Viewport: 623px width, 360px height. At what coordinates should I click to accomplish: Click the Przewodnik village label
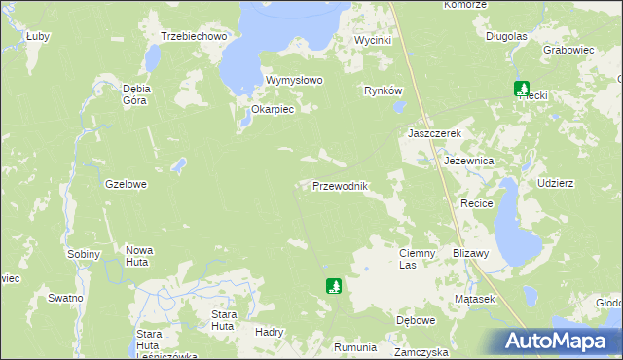[339, 186]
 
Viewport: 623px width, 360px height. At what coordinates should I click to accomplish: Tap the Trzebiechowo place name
[194, 36]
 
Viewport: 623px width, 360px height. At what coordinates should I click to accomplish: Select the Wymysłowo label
[294, 80]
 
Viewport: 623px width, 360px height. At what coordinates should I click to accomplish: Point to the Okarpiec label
[272, 109]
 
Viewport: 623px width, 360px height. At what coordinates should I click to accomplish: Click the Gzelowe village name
[126, 183]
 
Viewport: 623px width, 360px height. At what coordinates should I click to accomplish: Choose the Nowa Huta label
[139, 256]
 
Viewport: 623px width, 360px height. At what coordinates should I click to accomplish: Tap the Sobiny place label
[84, 254]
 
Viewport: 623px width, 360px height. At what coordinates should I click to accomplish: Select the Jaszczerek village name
[433, 133]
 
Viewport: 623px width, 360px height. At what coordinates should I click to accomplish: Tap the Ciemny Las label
[421, 258]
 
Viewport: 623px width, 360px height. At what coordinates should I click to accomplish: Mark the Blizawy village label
[470, 252]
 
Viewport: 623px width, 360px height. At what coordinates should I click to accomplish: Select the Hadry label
[268, 332]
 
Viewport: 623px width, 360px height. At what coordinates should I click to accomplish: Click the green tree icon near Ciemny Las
[334, 286]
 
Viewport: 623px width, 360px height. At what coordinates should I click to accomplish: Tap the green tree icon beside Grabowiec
[522, 89]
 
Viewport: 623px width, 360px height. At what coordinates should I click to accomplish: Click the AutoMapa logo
[559, 342]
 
